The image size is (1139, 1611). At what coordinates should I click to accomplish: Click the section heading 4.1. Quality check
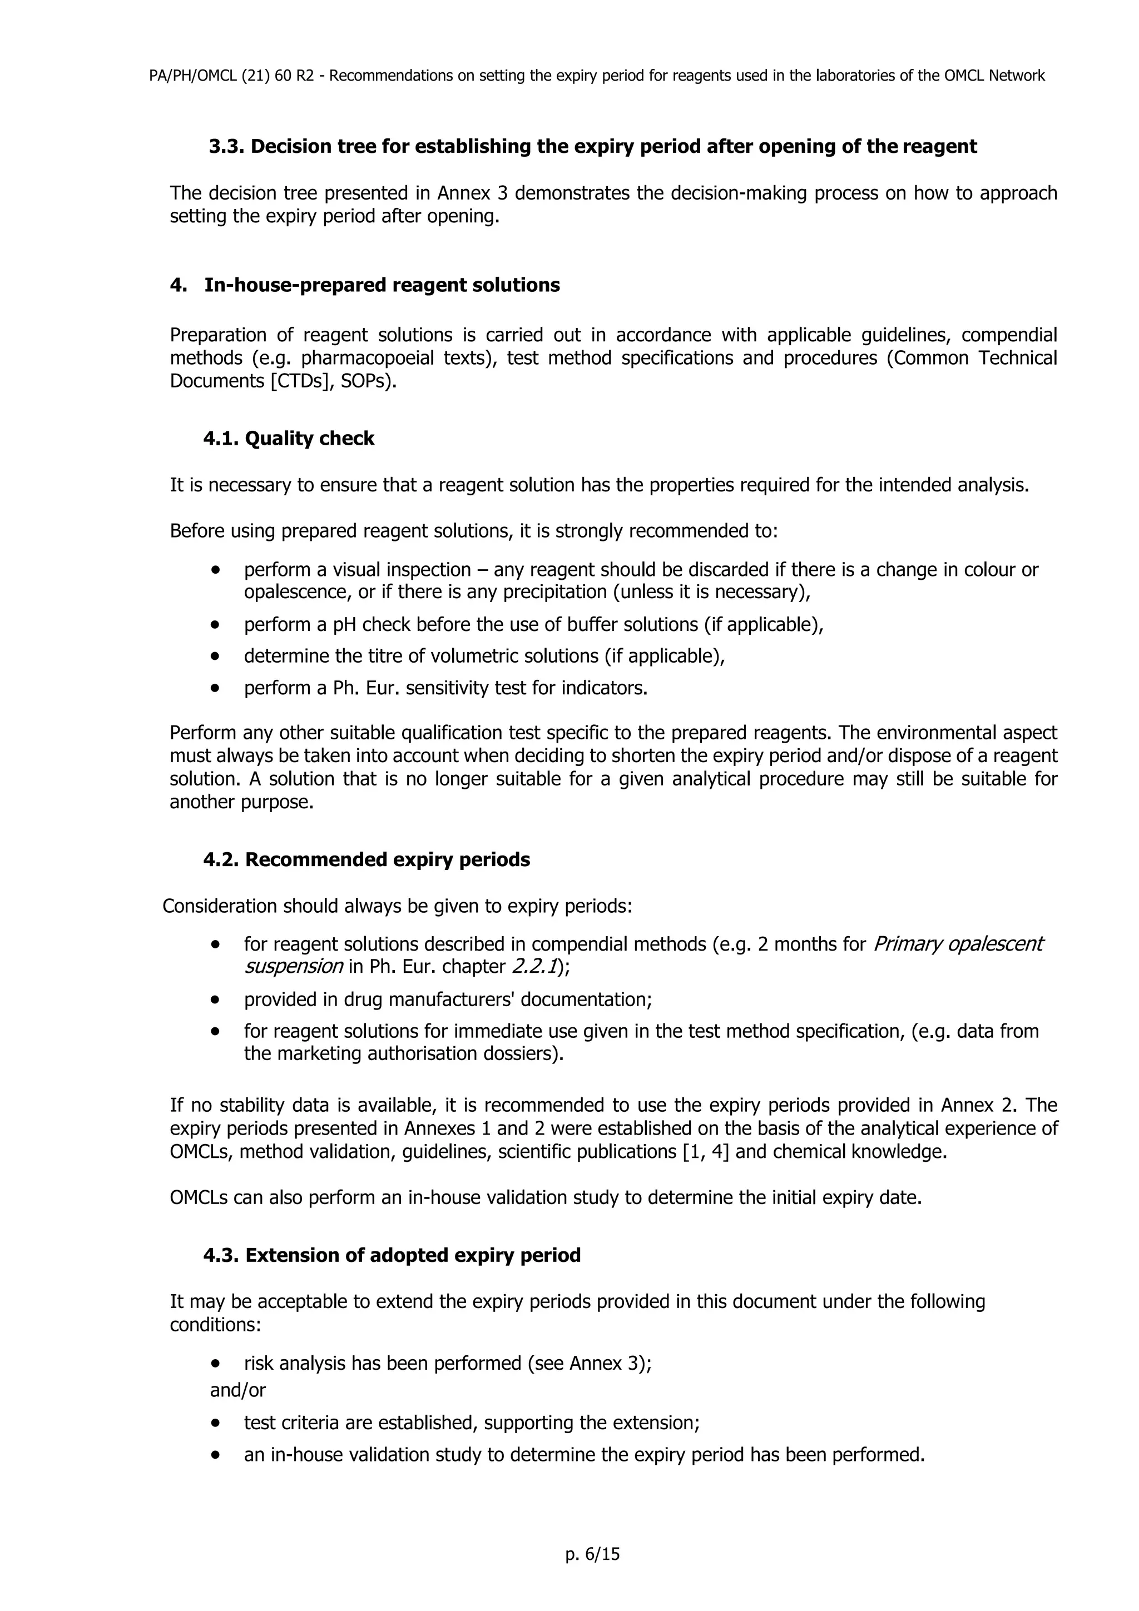[289, 439]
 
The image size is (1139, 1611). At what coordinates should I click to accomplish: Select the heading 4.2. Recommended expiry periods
[367, 859]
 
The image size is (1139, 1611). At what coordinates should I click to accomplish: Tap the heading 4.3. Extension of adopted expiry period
[392, 1255]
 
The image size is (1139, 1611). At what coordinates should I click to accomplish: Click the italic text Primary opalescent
[957, 944]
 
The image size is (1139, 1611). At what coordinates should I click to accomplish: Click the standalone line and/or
[238, 1389]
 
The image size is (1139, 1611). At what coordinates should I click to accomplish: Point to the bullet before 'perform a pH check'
[215, 624]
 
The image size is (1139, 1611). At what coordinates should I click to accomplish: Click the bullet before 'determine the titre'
[215, 656]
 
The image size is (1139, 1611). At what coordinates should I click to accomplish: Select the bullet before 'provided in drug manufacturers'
[215, 999]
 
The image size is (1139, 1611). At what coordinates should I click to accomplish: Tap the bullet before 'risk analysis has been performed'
[215, 1363]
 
